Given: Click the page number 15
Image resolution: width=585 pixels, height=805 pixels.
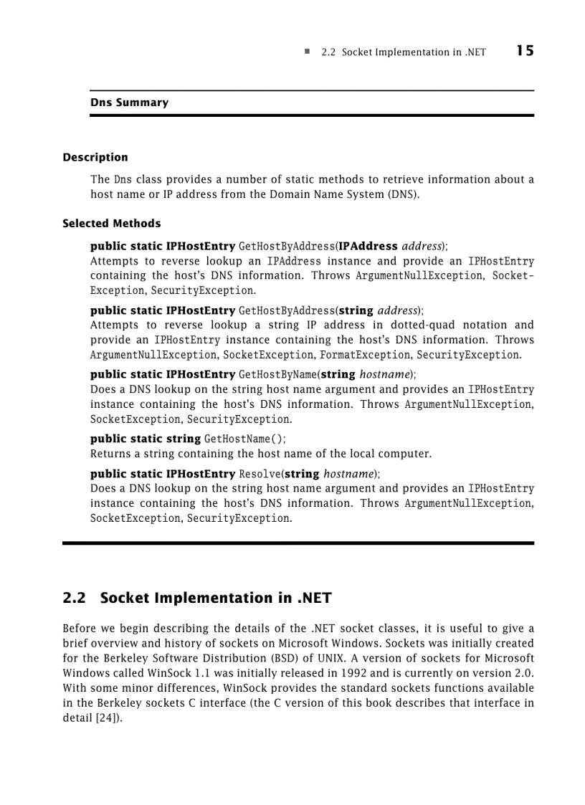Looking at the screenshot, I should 524,51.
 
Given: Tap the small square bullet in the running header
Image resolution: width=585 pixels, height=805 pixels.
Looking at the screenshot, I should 307,52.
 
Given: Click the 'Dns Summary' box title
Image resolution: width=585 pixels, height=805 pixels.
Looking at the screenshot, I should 129,103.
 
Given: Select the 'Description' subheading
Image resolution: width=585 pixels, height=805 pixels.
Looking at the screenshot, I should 95,158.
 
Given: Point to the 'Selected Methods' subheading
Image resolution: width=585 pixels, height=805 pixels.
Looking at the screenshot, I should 112,224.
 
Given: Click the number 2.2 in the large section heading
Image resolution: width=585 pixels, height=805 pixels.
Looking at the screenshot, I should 75,598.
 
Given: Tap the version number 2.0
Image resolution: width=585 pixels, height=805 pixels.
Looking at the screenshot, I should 525,673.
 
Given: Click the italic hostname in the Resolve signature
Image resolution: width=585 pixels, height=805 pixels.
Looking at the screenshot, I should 349,474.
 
